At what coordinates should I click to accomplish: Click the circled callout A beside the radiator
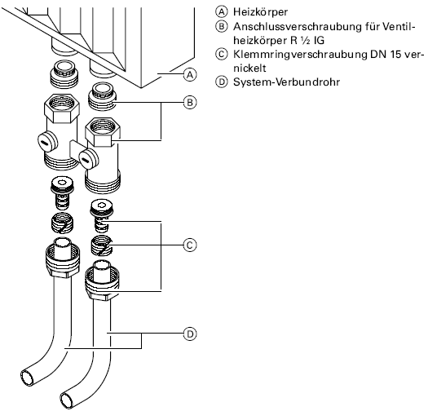(x=190, y=74)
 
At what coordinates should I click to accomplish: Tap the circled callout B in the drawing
(x=190, y=103)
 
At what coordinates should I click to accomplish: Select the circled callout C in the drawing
(x=190, y=245)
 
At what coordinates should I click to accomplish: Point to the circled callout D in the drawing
(x=190, y=334)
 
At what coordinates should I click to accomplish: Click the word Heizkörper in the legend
(x=260, y=12)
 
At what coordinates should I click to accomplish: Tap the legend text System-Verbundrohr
(x=287, y=82)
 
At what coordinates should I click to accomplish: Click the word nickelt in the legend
(x=249, y=68)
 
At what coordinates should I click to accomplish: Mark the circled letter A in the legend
(x=222, y=12)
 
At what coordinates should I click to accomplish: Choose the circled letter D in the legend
(x=222, y=82)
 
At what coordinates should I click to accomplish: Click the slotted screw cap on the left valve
(x=47, y=142)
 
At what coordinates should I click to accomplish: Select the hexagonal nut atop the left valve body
(x=62, y=108)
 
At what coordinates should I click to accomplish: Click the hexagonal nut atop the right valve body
(x=103, y=131)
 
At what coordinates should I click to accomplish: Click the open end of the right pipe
(x=67, y=400)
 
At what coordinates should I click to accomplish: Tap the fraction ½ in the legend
(x=305, y=41)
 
